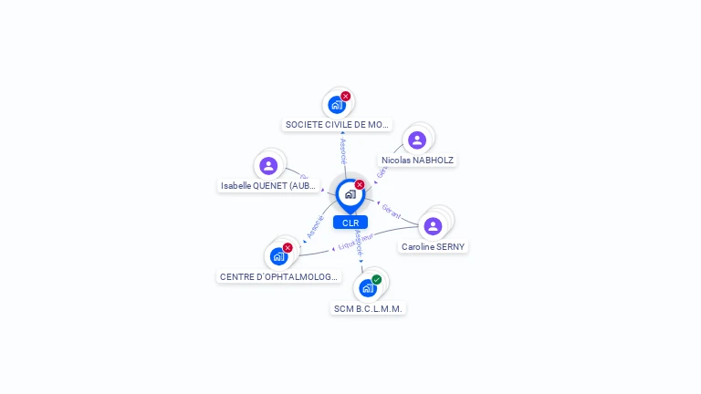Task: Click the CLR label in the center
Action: [350, 223]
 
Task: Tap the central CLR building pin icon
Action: [350, 193]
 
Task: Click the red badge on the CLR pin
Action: [360, 185]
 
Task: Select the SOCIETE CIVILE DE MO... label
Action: [338, 124]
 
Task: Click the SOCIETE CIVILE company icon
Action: [337, 104]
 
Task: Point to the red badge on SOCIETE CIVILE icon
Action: [346, 96]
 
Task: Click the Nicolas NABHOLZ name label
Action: [417, 160]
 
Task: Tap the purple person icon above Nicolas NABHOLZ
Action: [417, 140]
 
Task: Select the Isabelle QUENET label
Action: [268, 185]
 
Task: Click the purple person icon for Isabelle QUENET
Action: [268, 165]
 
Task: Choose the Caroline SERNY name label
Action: [433, 246]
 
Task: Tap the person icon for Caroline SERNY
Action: [434, 225]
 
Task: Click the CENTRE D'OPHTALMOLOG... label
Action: [279, 276]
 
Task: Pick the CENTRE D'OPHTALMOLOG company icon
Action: [278, 256]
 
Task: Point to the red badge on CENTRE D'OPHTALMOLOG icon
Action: [288, 248]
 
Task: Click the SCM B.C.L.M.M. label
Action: [368, 308]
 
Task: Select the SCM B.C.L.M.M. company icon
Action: [367, 288]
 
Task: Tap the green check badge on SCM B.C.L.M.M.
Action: [377, 280]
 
